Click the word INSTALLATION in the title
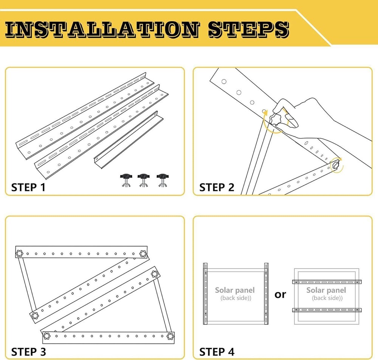[x=102, y=29]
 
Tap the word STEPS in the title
[x=249, y=29]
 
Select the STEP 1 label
[x=28, y=187]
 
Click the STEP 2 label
[x=217, y=187]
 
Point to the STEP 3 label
[x=28, y=352]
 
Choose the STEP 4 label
[x=217, y=352]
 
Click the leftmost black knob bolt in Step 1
[x=126, y=180]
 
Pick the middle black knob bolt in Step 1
[x=143, y=180]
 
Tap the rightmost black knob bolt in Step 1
[x=163, y=180]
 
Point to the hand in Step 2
[x=321, y=121]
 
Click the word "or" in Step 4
[x=280, y=294]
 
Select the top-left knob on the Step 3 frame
[x=19, y=253]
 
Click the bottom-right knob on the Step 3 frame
[x=170, y=336]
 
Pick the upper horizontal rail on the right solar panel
[x=327, y=282]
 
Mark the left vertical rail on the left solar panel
[x=205, y=294]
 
